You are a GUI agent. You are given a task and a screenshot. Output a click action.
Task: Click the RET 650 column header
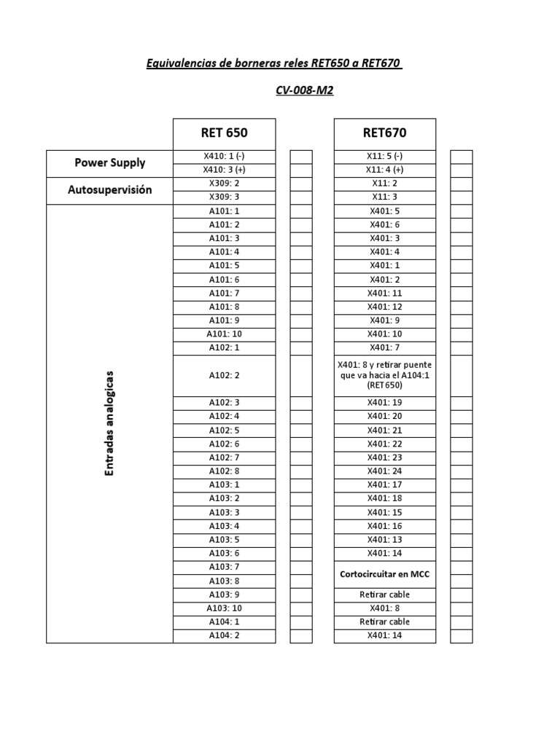[224, 133]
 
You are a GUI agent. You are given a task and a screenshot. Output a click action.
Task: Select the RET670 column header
[385, 133]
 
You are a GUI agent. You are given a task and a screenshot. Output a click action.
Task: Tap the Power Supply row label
[110, 163]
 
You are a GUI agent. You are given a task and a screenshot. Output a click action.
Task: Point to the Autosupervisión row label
[110, 190]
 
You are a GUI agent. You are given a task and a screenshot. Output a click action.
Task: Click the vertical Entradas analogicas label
[110, 423]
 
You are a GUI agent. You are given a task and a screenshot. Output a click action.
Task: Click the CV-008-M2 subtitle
[305, 90]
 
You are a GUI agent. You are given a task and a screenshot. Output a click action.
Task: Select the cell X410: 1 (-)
[224, 156]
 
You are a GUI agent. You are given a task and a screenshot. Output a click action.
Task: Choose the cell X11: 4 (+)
[385, 170]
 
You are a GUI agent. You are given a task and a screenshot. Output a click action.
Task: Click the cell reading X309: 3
[224, 197]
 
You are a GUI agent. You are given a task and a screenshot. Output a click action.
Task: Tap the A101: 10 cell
[224, 334]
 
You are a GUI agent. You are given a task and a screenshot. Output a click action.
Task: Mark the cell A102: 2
[224, 375]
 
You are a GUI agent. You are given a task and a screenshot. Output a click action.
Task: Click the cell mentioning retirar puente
[385, 375]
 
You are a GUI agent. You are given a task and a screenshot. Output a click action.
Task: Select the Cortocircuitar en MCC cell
[385, 574]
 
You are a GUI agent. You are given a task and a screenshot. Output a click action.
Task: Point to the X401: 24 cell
[385, 471]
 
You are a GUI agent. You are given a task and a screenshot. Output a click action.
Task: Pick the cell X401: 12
[385, 307]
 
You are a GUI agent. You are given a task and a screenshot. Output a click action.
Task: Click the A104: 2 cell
[224, 636]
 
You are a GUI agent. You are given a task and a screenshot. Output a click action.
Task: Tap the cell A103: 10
[224, 608]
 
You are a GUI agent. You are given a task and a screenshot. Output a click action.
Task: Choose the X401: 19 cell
[385, 403]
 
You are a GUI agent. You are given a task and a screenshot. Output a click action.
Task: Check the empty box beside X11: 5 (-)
[462, 156]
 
